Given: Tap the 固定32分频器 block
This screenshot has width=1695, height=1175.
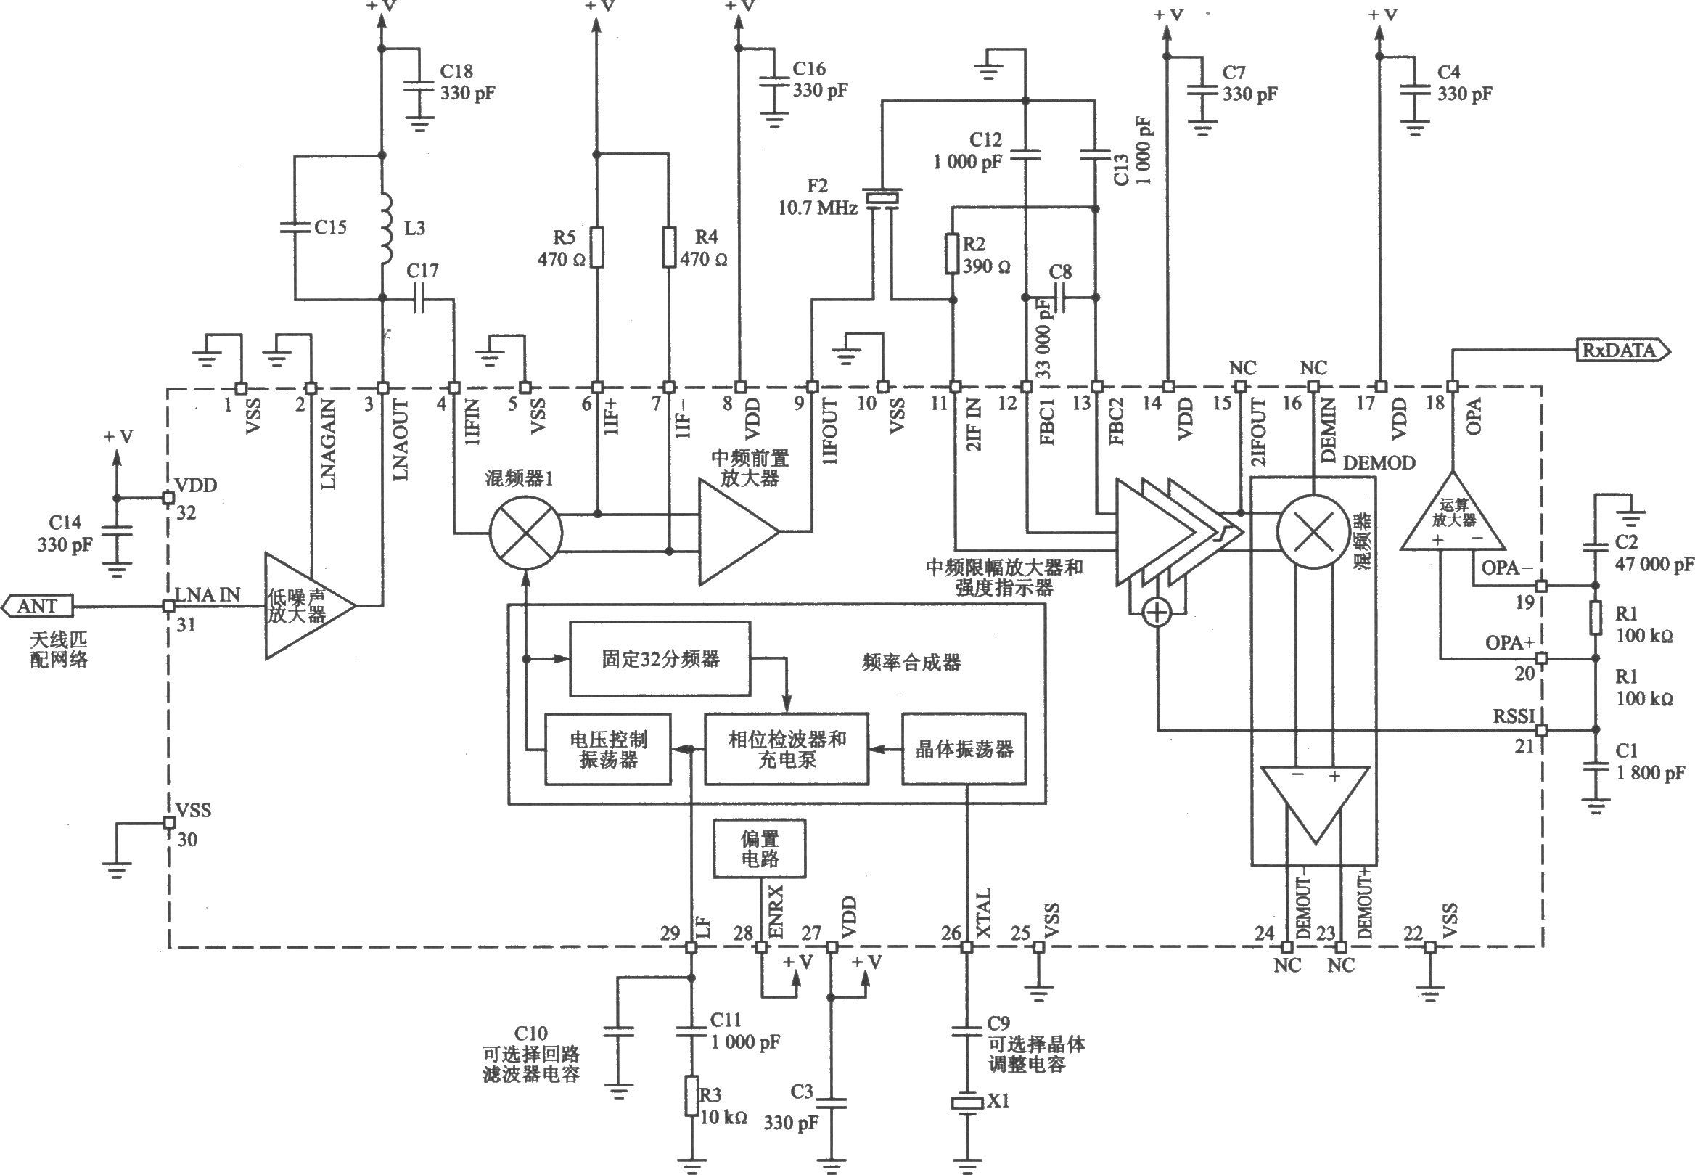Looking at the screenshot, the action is (x=660, y=658).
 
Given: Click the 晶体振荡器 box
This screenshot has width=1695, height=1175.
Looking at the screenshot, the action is (x=964, y=749).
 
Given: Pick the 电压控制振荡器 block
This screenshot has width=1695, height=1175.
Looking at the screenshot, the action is (x=607, y=749).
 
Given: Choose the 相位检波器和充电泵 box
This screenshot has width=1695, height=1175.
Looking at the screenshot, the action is (x=786, y=749).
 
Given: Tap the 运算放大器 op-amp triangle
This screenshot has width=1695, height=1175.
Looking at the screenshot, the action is (x=1452, y=512).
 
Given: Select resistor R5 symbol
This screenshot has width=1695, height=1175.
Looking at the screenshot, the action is (x=597, y=247).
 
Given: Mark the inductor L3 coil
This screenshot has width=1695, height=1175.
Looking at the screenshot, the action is (x=385, y=229).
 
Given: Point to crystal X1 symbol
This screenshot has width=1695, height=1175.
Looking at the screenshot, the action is (x=966, y=1103).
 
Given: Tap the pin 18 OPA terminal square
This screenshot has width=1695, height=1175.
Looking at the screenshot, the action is (x=1452, y=387).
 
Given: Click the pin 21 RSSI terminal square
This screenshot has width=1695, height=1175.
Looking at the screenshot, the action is (x=1540, y=730).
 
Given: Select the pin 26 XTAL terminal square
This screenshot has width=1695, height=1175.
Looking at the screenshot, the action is (x=966, y=947).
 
